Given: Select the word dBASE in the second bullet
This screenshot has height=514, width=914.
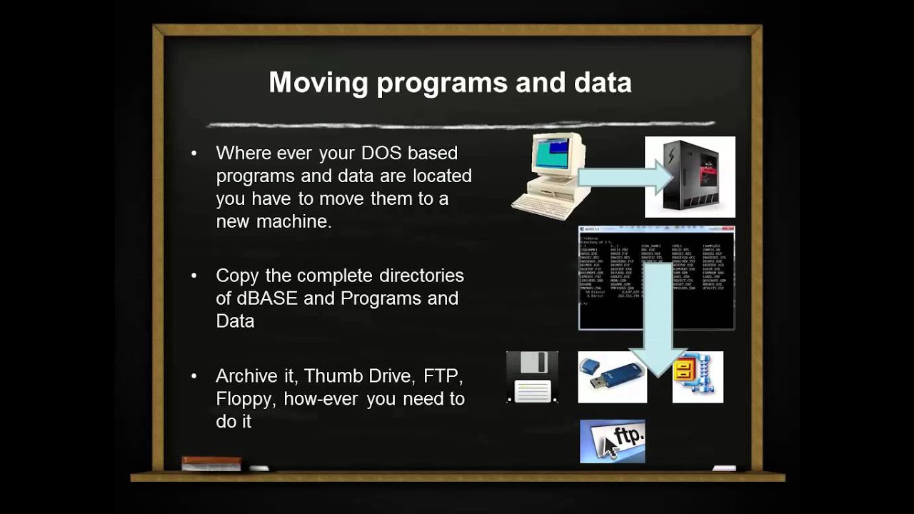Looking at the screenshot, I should [x=257, y=298].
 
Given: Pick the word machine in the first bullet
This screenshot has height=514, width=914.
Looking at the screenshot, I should [x=293, y=221].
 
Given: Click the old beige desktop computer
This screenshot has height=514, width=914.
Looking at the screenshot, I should [x=551, y=175].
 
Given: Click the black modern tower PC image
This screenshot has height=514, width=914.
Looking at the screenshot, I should [x=690, y=177].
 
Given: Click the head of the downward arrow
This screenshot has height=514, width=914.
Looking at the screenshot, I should [x=659, y=361].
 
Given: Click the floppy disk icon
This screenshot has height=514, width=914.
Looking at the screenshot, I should [x=532, y=377].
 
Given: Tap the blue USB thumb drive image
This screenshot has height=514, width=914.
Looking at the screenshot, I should [x=612, y=377].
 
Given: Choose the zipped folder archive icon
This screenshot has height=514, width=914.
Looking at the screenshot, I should [x=698, y=377].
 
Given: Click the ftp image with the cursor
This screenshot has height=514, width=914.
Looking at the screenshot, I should [x=612, y=441].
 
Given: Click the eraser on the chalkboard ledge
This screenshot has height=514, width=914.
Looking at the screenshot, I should [x=211, y=463].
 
